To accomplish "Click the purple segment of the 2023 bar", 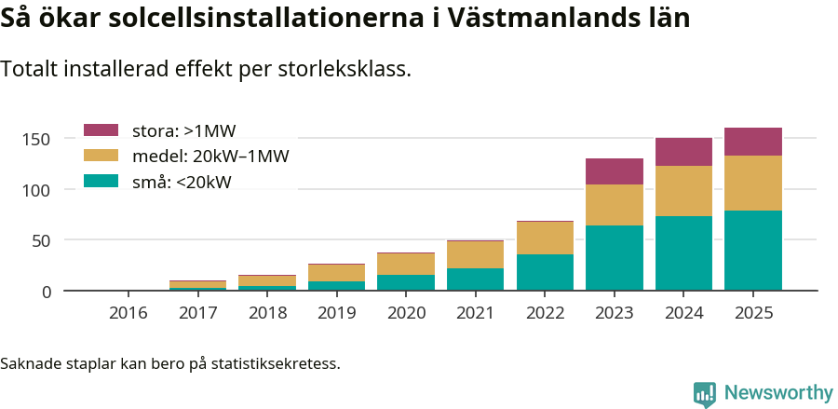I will (x=615, y=171).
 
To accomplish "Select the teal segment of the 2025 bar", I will (x=753, y=251).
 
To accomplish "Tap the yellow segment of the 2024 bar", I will (x=683, y=191).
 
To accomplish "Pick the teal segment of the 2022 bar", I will (x=546, y=272).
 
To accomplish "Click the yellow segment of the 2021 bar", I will (x=476, y=254).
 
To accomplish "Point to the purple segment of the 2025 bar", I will (x=753, y=142).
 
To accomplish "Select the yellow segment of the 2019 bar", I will (x=337, y=272).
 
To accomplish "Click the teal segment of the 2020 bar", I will (x=406, y=282).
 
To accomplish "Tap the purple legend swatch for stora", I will (x=101, y=130).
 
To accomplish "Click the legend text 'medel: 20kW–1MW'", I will (x=210, y=156).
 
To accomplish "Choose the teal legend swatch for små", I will (x=101, y=181).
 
